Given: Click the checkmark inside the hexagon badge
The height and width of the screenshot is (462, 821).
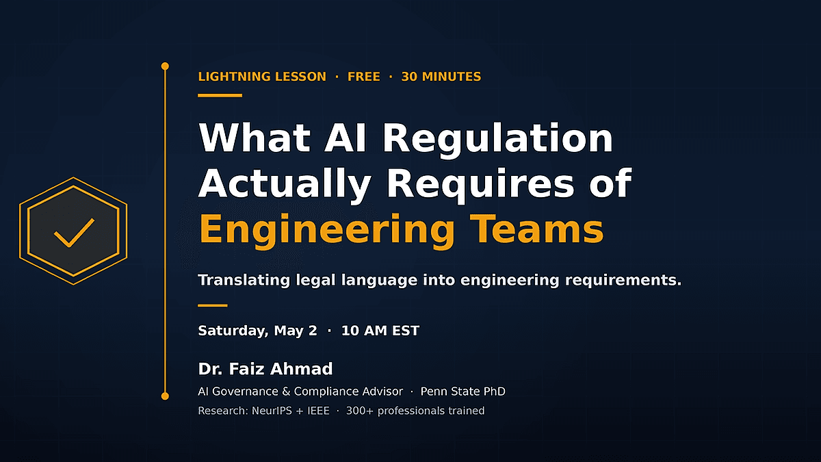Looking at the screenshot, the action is tap(73, 233).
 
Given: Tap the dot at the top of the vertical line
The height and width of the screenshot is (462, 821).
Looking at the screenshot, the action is tap(165, 66).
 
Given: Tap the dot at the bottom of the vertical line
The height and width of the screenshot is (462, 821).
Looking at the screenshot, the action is tap(165, 396).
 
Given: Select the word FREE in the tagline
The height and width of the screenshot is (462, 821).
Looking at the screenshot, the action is tap(363, 77).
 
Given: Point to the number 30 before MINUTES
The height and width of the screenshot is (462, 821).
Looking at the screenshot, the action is tap(409, 77).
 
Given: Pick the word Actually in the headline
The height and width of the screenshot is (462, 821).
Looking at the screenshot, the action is tap(285, 184).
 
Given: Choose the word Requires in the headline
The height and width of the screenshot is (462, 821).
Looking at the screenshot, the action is tap(480, 184).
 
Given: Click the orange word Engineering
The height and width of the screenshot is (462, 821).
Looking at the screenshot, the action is tap(327, 230).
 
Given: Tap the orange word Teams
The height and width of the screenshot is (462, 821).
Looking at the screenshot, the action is tap(536, 229).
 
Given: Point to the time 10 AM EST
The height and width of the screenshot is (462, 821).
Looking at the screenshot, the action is tap(380, 331).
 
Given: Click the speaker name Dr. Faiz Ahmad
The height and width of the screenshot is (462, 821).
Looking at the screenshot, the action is tap(265, 369).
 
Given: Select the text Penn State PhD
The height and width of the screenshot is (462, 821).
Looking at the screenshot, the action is tap(462, 392).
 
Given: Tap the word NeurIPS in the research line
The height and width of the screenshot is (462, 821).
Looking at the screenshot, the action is tap(272, 411).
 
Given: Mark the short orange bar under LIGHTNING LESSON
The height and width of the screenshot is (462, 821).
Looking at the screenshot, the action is tap(220, 95).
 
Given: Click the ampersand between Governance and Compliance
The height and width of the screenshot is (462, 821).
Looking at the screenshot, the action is tap(286, 392).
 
